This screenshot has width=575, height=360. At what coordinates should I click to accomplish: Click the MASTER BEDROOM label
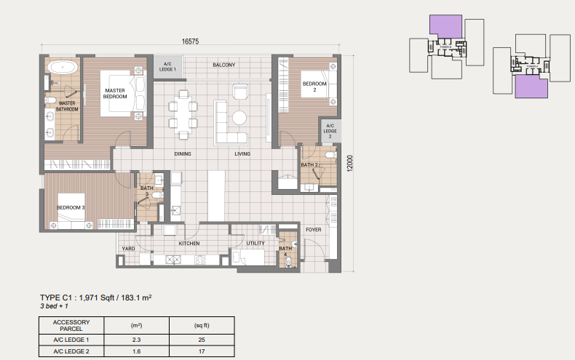click(x=115, y=92)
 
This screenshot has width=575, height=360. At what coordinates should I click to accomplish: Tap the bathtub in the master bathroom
click(x=63, y=68)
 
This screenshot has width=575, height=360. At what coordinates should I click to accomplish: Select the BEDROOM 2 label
click(x=314, y=87)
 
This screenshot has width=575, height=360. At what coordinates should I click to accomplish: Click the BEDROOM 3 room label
click(x=71, y=208)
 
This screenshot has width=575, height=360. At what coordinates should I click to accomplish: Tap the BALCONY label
click(x=223, y=65)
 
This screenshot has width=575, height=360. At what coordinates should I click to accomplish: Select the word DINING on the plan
click(x=183, y=154)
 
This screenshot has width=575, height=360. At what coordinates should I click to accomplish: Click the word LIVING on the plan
click(x=242, y=154)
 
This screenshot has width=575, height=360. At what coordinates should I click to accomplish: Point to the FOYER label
click(x=313, y=229)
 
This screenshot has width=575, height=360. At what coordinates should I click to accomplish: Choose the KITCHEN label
click(x=189, y=244)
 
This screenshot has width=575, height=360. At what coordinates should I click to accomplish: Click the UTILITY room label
click(x=255, y=244)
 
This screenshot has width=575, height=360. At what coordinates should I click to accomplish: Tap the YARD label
click(x=128, y=249)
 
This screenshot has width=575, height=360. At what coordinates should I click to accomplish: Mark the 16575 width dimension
click(x=191, y=42)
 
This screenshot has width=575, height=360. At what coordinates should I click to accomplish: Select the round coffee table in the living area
click(x=239, y=117)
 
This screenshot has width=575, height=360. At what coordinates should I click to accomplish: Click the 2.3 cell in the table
click(x=135, y=340)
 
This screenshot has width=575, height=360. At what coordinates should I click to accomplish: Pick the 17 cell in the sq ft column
click(x=202, y=352)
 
